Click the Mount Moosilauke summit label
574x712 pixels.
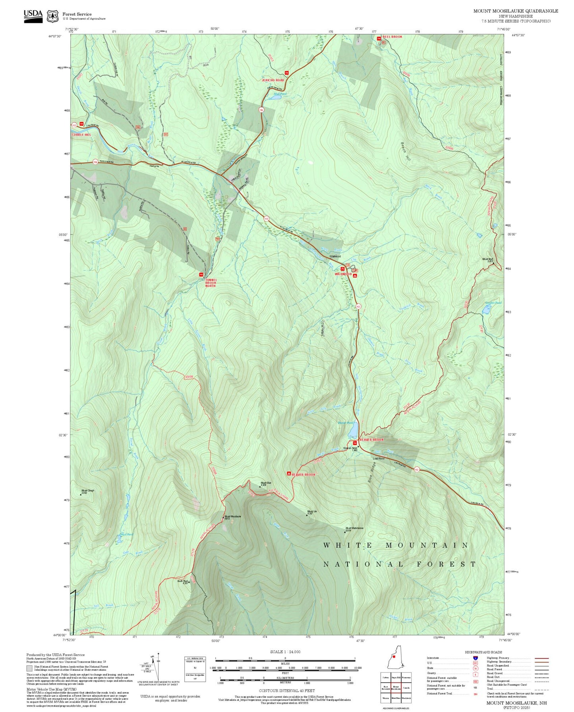pos(233,516)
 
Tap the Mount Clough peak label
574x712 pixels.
pos(88,491)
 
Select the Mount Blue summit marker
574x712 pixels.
pos(260,486)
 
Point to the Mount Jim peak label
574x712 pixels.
pos(312,512)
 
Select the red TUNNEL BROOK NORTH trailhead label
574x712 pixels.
pos(211,283)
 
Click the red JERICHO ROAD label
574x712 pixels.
pos(273,80)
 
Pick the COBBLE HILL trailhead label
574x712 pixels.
pos(81,135)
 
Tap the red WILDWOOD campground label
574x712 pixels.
pos(343,274)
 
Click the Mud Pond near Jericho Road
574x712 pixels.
pos(276,97)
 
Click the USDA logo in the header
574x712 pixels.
pos(33,16)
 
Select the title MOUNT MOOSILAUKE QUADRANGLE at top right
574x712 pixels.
pos(515,11)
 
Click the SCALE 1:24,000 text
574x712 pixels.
pos(285,652)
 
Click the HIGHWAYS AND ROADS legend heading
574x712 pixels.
pos(483,652)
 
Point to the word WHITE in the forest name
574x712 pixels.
pos(348,546)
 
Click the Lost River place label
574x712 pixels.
pos(378,459)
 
